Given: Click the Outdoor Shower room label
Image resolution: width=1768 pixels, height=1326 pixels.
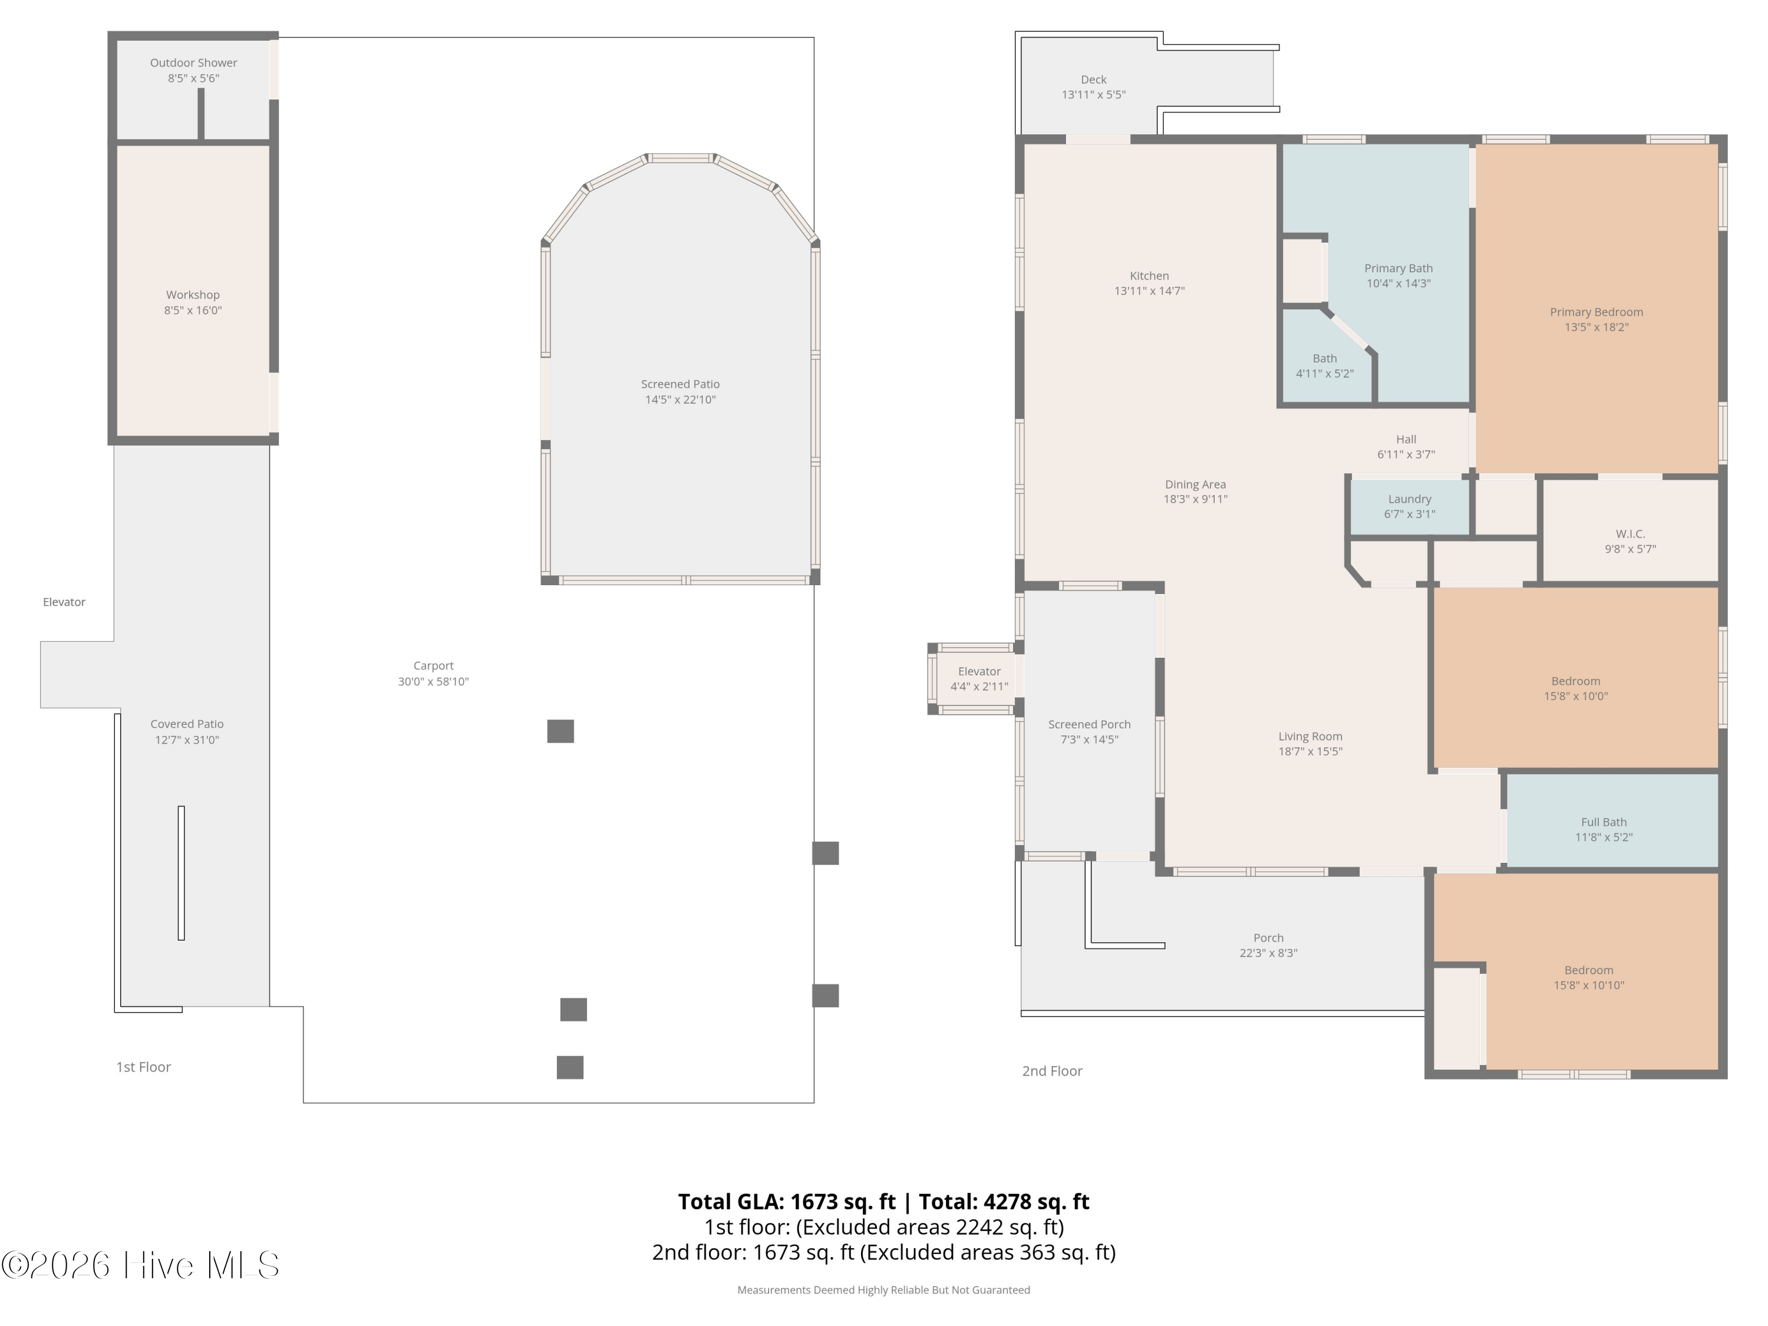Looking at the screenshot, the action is tap(193, 62).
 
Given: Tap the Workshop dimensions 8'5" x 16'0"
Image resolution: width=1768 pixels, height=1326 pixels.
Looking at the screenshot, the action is tap(193, 310).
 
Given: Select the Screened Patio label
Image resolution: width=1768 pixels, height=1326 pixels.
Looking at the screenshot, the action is tap(680, 384).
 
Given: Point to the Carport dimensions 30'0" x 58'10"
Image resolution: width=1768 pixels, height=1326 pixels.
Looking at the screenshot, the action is tap(433, 682).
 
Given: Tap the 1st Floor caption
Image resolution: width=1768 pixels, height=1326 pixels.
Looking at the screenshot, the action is tap(144, 1067).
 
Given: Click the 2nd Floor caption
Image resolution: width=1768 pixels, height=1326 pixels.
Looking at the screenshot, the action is tap(1052, 1071).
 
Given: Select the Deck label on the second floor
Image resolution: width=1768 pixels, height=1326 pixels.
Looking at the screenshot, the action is tap(1093, 79).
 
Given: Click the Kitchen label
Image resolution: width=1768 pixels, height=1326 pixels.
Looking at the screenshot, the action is tap(1149, 276).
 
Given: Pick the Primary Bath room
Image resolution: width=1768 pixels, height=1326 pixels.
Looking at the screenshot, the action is tap(1398, 276).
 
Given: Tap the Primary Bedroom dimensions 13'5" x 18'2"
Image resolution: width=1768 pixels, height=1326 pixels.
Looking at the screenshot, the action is tap(1596, 327).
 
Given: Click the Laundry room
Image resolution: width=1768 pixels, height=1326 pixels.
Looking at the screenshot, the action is tap(1410, 506).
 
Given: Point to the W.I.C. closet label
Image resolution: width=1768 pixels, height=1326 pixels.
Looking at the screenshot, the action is tap(1631, 534).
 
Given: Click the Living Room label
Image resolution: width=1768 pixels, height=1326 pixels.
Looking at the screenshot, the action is tap(1310, 736).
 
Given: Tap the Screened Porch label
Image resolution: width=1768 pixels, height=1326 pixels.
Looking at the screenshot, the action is tap(1090, 724).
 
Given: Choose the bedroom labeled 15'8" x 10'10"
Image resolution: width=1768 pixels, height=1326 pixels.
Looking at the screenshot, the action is tap(1576, 971).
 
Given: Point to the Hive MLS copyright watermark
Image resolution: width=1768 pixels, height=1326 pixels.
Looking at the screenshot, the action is tap(140, 1265).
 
